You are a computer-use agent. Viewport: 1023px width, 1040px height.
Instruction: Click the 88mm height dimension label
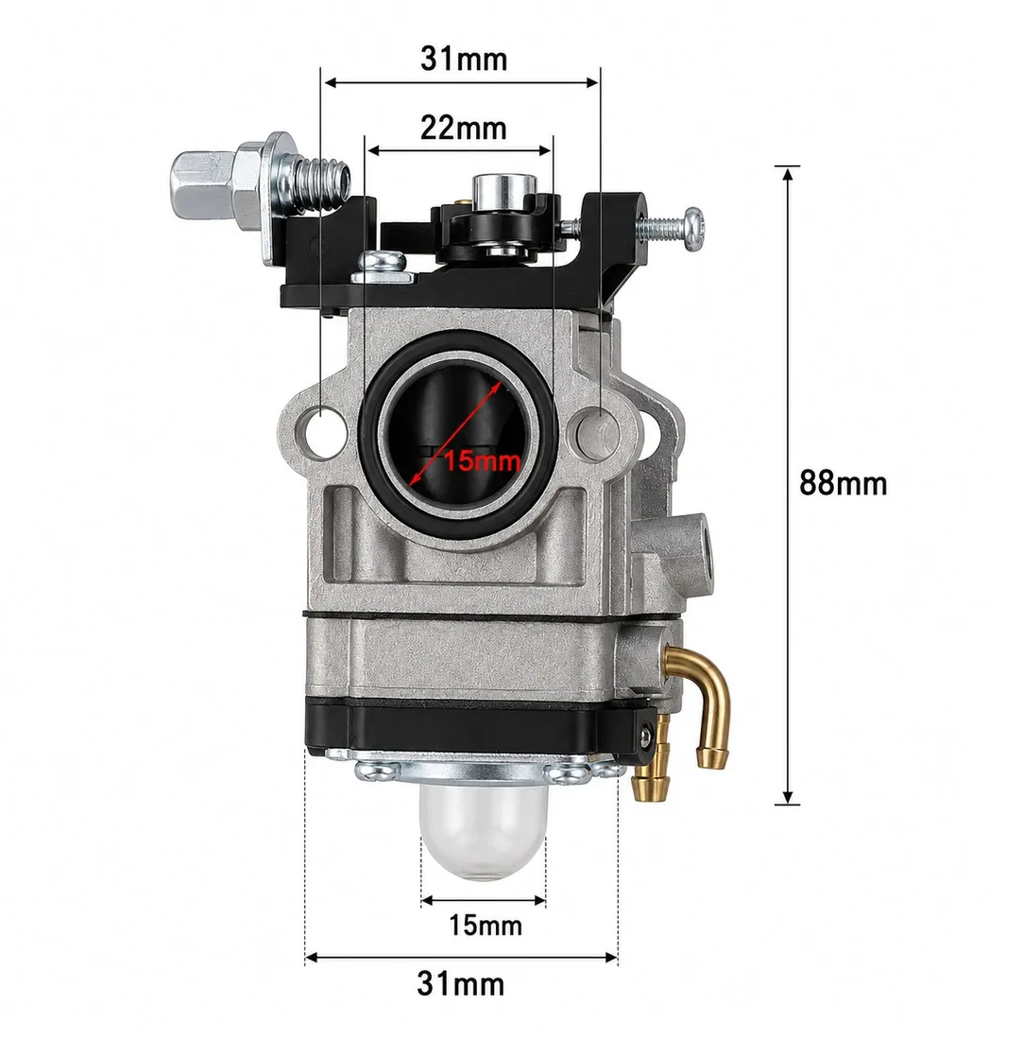click(x=843, y=483)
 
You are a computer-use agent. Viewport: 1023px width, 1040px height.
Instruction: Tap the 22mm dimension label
click(x=463, y=128)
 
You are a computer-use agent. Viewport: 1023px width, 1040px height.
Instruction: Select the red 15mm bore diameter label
click(x=482, y=459)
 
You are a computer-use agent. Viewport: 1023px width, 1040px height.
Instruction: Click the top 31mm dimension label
click(x=463, y=59)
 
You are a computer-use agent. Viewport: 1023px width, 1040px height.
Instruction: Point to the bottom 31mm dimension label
click(x=460, y=983)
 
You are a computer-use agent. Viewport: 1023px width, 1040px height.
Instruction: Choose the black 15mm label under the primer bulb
click(x=485, y=925)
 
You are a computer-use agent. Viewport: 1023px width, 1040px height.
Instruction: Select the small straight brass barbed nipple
click(x=650, y=763)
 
